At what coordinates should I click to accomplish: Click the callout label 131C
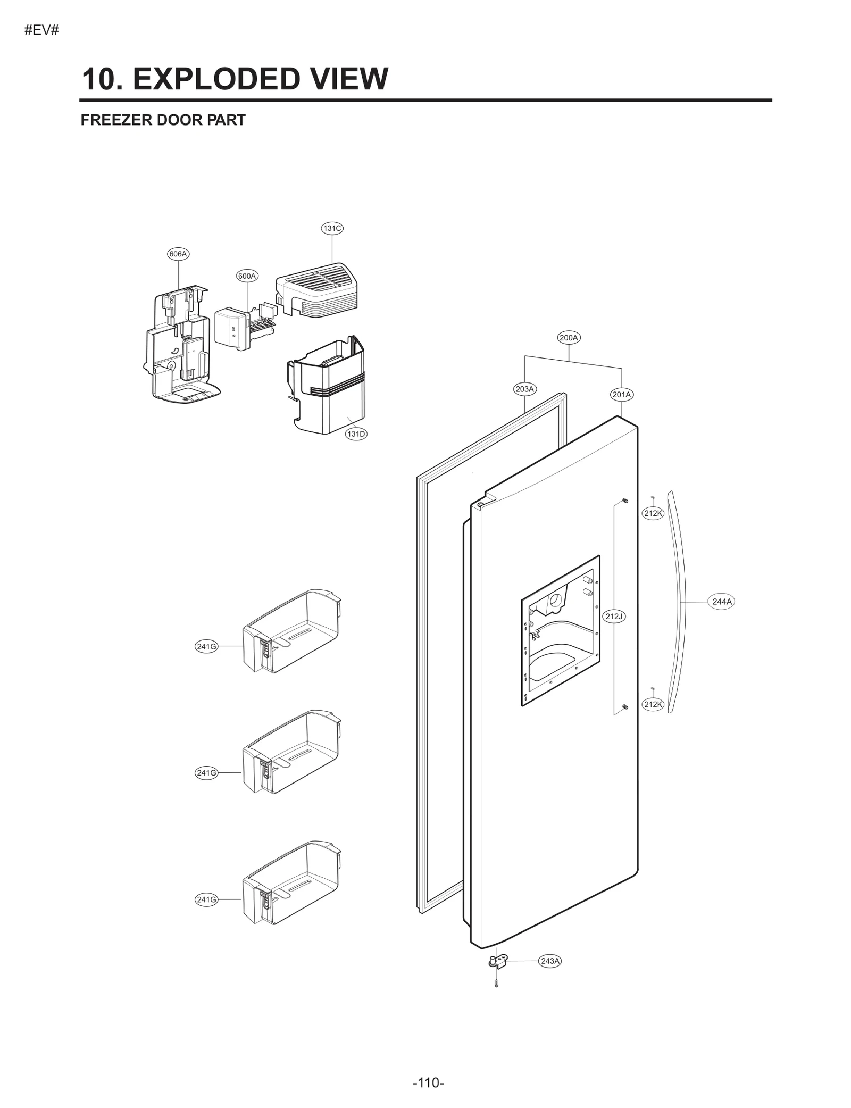[332, 228]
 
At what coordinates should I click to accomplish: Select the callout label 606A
[178, 254]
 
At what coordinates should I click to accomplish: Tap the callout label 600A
[247, 276]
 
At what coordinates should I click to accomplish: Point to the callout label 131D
[356, 434]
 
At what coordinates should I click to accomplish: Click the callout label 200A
[569, 337]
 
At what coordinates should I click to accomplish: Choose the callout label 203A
[524, 389]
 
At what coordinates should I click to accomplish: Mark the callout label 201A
[621, 394]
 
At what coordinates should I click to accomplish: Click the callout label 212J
[614, 616]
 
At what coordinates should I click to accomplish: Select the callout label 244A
[722, 602]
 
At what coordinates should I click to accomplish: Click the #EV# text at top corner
[41, 30]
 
